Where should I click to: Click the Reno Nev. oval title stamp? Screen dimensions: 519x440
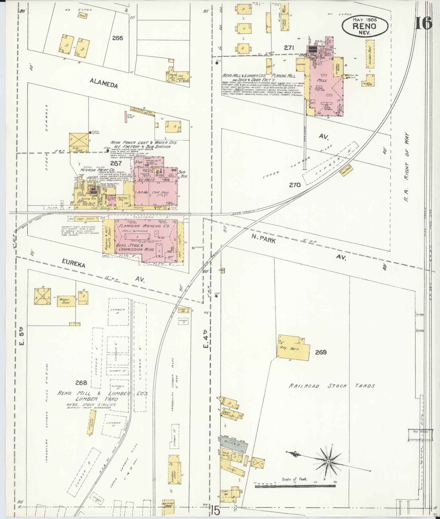365,26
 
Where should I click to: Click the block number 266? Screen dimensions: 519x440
118,38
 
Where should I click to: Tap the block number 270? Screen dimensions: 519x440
295,185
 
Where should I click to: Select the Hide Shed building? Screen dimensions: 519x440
79,142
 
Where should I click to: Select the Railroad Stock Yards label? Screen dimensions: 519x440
332,386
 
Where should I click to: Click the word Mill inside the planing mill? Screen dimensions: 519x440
323,80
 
